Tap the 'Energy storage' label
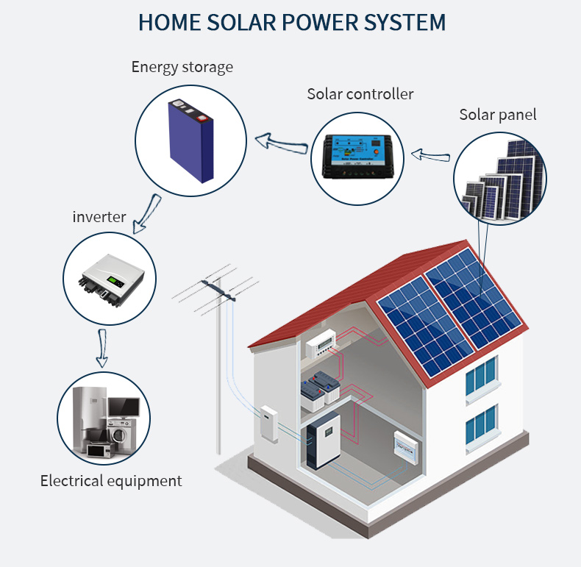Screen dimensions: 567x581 pyautogui.click(x=182, y=67)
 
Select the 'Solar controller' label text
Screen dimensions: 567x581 pyautogui.click(x=360, y=94)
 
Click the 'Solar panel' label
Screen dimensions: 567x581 pyautogui.click(x=498, y=114)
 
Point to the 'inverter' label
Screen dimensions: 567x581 pyautogui.click(x=99, y=217)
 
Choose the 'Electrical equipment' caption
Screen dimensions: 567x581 pyautogui.click(x=111, y=481)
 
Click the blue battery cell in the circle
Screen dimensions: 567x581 pyautogui.click(x=189, y=139)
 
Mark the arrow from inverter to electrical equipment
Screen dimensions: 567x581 pyautogui.click(x=102, y=349)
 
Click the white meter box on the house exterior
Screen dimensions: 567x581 pyautogui.click(x=269, y=424)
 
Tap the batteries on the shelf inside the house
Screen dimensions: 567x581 pyautogui.click(x=321, y=387)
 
